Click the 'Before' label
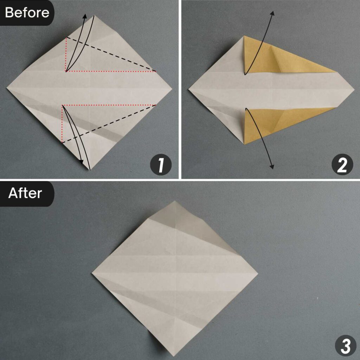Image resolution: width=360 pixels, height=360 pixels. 27,13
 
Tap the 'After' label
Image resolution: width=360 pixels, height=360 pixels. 25,193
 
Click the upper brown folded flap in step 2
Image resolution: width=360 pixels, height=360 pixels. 278,58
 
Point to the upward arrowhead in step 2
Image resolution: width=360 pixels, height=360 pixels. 272,13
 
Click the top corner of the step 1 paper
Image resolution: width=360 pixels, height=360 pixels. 94,16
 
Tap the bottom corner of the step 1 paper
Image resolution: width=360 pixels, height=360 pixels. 90,170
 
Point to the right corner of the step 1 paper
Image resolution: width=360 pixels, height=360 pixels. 172,88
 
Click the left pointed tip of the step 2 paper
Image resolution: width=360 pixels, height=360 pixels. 189,90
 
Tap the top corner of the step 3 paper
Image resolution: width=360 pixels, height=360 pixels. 175,201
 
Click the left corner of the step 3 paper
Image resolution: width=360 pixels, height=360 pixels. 92,272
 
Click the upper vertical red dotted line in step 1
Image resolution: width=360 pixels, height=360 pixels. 66,54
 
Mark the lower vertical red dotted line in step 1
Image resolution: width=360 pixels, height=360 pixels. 62,124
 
